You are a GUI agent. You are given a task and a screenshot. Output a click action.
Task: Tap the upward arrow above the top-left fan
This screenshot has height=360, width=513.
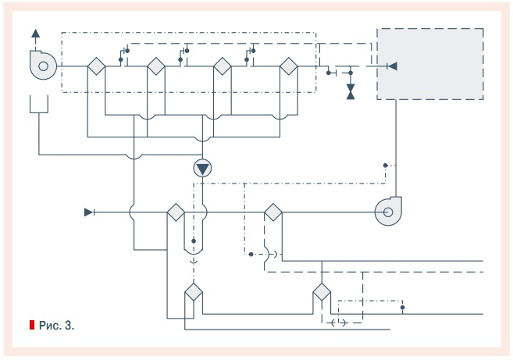[34, 34]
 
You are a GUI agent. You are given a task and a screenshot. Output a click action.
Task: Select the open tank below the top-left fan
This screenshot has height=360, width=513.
[39, 105]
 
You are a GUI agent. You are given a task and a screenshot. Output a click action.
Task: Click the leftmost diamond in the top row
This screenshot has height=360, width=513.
[96, 66]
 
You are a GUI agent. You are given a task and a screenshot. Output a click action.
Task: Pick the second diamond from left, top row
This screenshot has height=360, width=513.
[155, 66]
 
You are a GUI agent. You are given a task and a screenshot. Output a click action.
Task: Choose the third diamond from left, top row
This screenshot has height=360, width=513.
[222, 66]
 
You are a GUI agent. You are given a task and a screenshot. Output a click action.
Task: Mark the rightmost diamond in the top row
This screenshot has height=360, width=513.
[289, 66]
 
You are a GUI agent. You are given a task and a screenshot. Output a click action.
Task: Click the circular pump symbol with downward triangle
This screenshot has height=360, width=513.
[202, 167]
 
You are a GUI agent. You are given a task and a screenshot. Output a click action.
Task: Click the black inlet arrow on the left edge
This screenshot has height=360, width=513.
[89, 212]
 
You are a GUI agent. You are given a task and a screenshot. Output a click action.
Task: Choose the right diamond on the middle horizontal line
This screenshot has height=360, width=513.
[273, 212]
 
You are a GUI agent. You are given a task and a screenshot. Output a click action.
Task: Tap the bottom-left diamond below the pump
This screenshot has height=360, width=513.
[193, 294]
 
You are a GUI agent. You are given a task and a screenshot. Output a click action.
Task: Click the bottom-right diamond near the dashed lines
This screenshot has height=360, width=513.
[322, 294]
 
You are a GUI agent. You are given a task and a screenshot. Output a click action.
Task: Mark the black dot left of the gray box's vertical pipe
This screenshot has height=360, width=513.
[386, 166]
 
